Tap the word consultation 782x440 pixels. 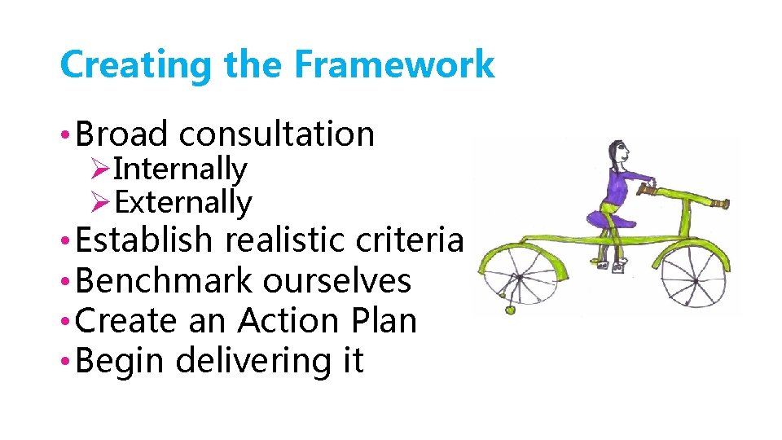277,134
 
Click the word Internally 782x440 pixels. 180,169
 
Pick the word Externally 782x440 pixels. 183,202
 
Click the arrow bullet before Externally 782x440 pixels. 101,202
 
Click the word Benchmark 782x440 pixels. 164,281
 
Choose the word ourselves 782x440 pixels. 336,281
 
